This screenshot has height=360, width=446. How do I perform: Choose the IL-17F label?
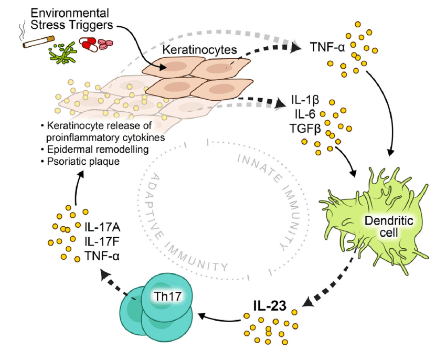[x=103, y=242]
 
